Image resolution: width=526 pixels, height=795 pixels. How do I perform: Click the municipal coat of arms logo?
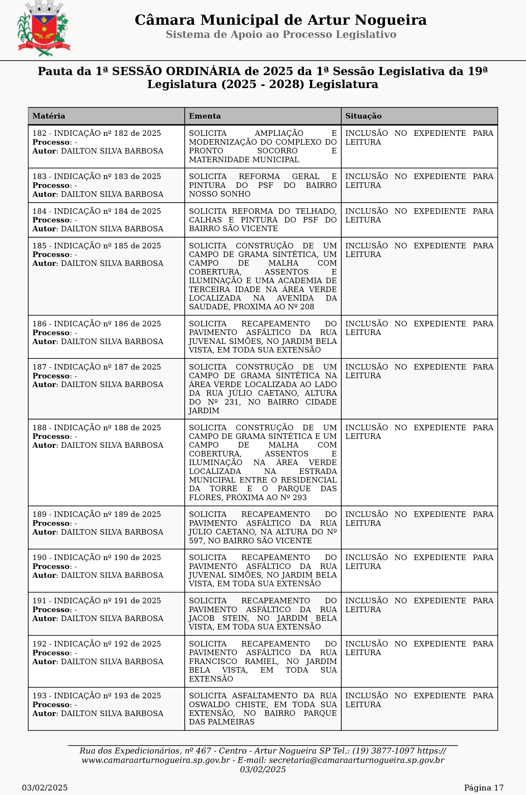44,29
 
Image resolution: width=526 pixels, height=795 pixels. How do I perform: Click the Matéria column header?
49,116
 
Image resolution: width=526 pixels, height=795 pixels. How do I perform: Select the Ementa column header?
205,116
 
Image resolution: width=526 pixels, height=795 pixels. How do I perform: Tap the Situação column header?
363,116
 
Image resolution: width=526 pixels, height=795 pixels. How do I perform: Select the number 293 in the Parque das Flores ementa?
300,497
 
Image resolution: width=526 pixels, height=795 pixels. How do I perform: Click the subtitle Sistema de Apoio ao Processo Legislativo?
281,35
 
